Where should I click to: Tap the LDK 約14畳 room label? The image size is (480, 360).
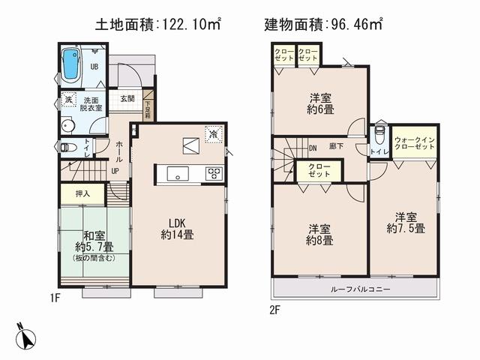[x=178, y=228]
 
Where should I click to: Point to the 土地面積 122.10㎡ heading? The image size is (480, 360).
[x=157, y=24]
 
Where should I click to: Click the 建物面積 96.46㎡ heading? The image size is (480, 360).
[x=324, y=24]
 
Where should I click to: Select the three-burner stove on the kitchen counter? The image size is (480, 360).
[x=213, y=174]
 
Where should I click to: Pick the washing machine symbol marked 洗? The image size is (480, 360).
[x=67, y=100]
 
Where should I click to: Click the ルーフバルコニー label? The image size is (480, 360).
[x=355, y=289]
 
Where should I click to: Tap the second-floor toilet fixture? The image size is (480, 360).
[x=379, y=136]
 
